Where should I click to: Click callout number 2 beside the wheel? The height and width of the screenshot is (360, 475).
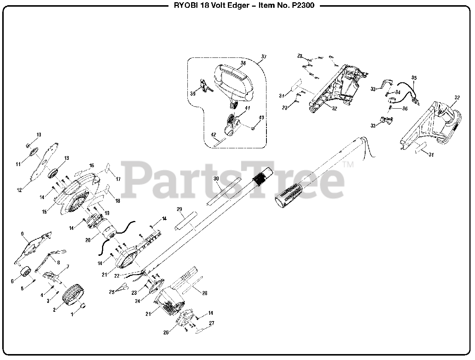(x=55, y=310)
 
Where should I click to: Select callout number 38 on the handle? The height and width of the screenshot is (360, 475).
(x=243, y=63)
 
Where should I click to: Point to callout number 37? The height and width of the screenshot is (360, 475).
(x=264, y=57)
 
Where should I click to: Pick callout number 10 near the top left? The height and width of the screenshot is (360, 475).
(x=39, y=134)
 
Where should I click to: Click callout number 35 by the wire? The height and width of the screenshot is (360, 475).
(x=414, y=77)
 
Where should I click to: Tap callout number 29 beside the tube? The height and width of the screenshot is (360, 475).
(x=179, y=209)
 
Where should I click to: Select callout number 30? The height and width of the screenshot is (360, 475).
(x=216, y=179)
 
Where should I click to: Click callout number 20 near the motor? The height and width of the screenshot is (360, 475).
(x=88, y=240)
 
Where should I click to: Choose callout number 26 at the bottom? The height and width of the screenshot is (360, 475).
(x=166, y=333)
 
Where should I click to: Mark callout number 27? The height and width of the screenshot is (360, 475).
(x=212, y=323)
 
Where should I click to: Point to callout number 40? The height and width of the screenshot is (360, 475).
(x=261, y=118)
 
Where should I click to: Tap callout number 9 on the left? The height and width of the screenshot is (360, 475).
(x=22, y=234)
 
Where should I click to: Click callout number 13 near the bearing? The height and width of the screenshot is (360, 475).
(x=67, y=158)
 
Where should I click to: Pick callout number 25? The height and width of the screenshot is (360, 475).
(x=112, y=293)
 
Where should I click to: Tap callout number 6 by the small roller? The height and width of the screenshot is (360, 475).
(x=12, y=281)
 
